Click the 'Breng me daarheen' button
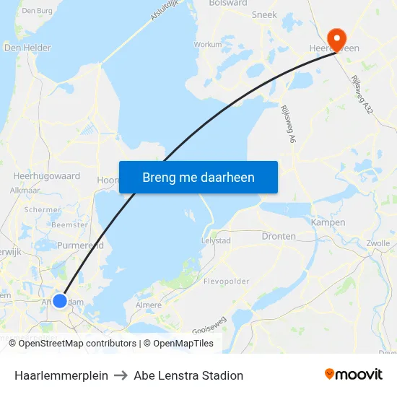click(198, 177)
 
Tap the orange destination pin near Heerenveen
click(336, 38)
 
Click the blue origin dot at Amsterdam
click(60, 300)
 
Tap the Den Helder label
click(27, 48)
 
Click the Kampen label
click(327, 222)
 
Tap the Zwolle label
click(378, 243)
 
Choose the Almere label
click(149, 305)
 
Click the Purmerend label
click(80, 245)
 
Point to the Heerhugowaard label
click(46, 175)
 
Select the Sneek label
click(264, 14)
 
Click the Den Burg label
click(38, 11)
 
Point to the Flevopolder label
click(226, 281)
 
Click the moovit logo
click(353, 375)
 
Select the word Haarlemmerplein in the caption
click(61, 375)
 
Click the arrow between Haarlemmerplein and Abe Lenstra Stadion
click(121, 375)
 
